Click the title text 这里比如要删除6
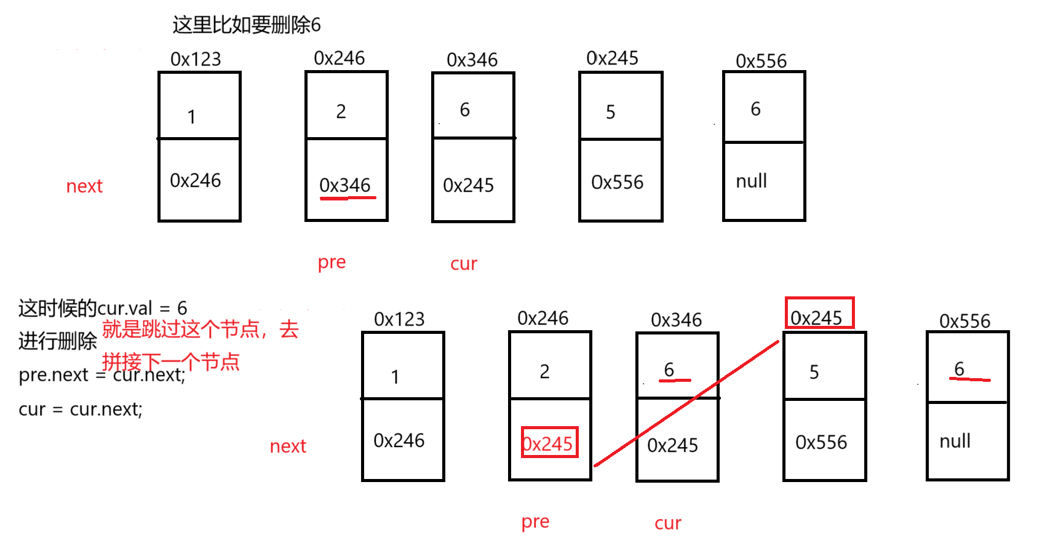coord(246,25)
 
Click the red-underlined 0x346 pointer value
coord(345,185)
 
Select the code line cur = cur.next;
coord(81,409)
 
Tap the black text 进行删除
coord(57,341)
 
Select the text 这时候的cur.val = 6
coord(103,307)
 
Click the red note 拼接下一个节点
coord(170,362)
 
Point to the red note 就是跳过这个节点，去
coord(200,329)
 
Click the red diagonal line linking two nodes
coord(686,404)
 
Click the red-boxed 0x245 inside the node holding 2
coord(549,443)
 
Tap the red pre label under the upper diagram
coord(332,263)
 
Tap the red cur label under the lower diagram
coord(667,523)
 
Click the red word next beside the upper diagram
coord(84,186)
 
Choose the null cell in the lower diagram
coord(955,441)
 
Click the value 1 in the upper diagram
coord(191,116)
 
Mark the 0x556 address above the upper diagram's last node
coord(761,61)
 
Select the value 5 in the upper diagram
coord(610,112)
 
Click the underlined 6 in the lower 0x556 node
coord(960,369)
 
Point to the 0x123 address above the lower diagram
coord(399,319)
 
